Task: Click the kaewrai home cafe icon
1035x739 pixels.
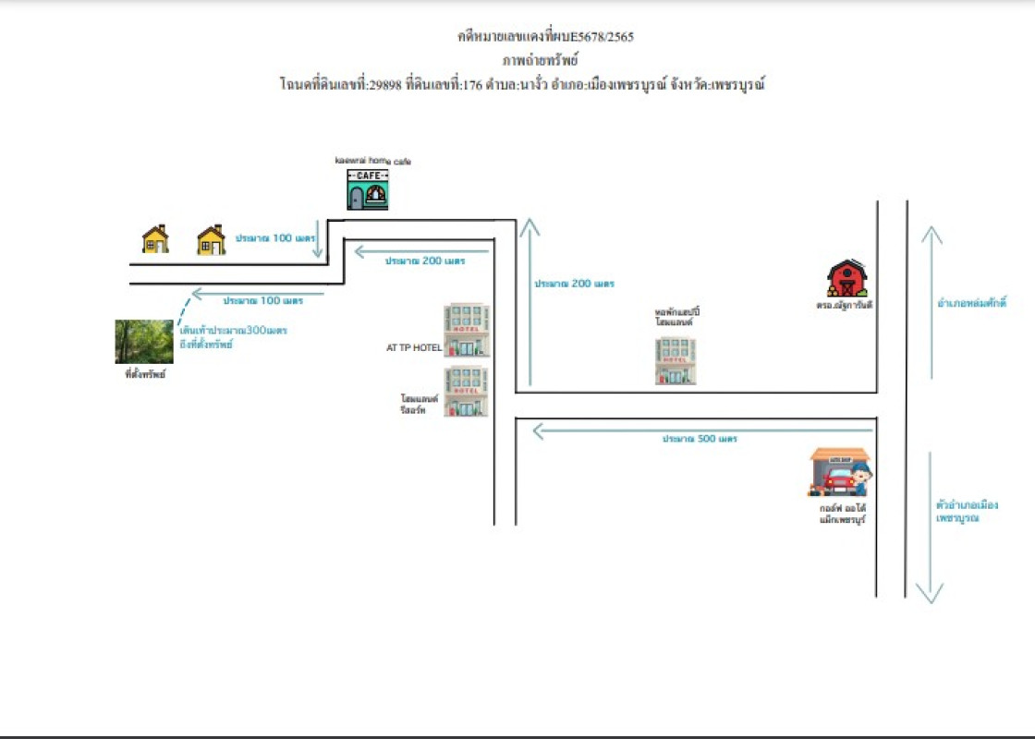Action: (367, 189)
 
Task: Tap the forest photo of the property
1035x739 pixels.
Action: (143, 342)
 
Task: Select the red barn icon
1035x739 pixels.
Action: (846, 278)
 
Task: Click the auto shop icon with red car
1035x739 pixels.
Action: (839, 472)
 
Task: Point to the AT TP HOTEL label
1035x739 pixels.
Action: (413, 348)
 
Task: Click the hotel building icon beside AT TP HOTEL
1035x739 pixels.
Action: (467, 331)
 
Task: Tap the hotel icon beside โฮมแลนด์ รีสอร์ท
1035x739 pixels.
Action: (467, 392)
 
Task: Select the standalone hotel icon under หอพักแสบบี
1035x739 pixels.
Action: (676, 360)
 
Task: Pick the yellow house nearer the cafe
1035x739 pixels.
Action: (211, 240)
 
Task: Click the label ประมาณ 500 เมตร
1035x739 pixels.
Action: (699, 439)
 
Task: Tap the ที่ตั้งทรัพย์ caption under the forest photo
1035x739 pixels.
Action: (144, 375)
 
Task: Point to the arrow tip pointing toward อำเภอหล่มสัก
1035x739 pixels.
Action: (931, 230)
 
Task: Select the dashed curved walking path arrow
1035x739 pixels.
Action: (182, 309)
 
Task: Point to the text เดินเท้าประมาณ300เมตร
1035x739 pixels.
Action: (233, 331)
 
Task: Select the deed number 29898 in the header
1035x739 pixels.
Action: (384, 85)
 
